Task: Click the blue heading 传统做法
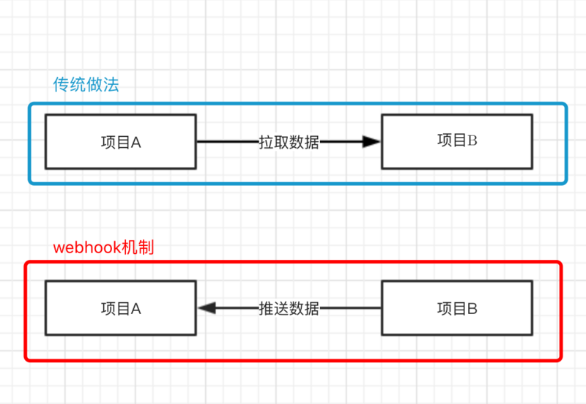tap(86, 85)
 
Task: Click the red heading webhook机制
tap(103, 248)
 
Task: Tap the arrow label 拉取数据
tap(289, 142)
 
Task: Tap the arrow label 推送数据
tap(289, 309)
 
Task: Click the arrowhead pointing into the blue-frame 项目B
tap(372, 142)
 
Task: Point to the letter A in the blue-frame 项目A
tap(136, 143)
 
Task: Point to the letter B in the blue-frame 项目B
tap(472, 141)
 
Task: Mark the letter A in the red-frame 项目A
tap(136, 309)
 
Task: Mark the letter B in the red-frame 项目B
tap(472, 309)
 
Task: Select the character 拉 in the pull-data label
tap(266, 142)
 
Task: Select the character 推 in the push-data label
tap(266, 309)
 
